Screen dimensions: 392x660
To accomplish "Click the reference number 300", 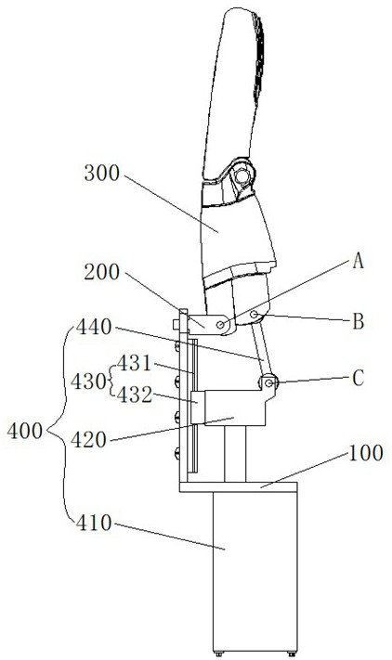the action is coord(102,173).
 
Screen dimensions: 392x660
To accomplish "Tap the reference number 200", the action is coord(102,272).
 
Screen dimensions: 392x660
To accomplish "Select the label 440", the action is coord(94,327).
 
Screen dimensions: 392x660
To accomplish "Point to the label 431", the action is coord(134,363).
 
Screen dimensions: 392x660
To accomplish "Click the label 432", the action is coord(135,395).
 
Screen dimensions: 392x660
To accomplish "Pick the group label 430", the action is coord(87,382).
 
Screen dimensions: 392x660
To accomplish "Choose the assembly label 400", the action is coord(25,431).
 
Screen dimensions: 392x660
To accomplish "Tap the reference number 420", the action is coord(88,440).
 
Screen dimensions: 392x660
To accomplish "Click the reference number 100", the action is coord(365,453).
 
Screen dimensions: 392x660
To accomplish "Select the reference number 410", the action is coord(94,524).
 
